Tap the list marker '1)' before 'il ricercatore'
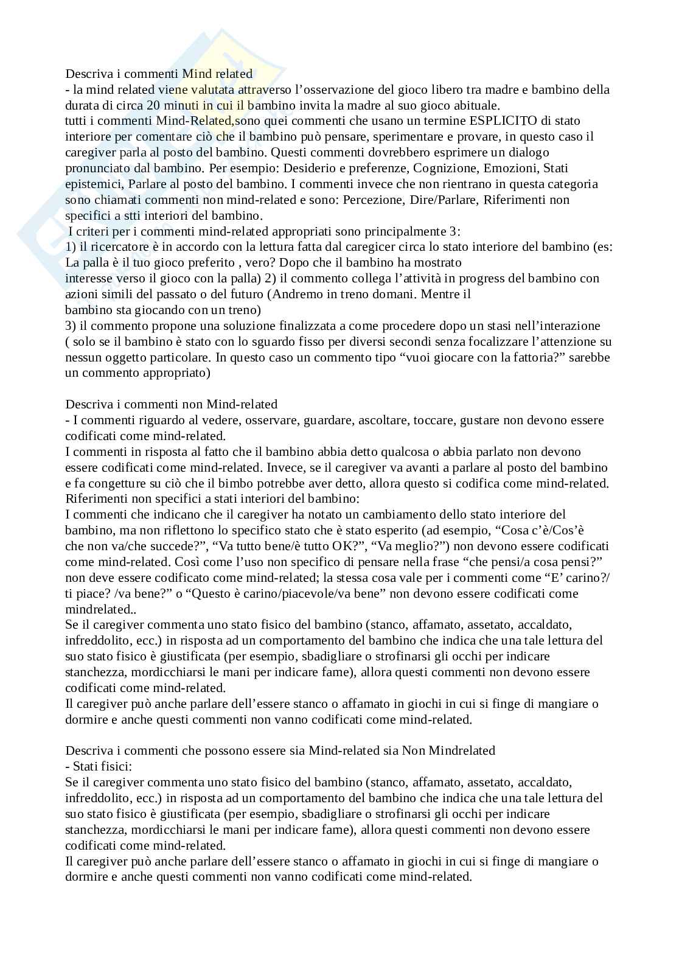(71, 246)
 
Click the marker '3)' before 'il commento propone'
(71, 326)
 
